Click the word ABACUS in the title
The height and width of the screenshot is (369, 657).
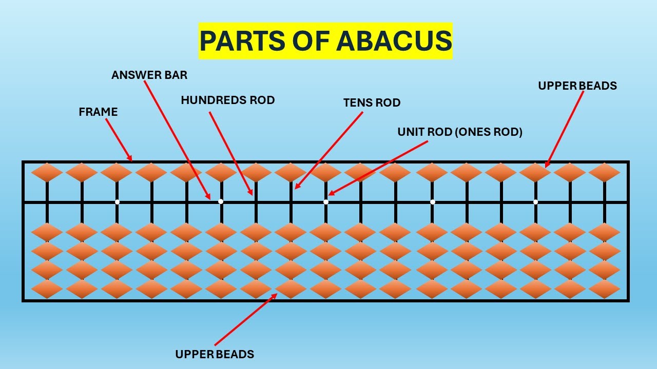(394, 41)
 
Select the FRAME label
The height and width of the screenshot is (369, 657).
(98, 112)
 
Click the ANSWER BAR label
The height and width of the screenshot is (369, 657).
(149, 75)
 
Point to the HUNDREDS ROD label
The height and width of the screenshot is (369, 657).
(227, 100)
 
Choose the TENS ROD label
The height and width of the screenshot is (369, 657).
(372, 103)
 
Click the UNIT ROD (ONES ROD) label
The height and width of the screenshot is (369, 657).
(460, 132)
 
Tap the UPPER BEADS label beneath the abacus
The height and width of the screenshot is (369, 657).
(215, 354)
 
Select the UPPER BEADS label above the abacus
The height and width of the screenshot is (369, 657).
(577, 86)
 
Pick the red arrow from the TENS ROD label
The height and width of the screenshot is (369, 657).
(328, 151)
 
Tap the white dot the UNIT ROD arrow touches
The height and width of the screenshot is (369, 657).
(326, 202)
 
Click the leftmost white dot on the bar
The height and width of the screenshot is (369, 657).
(117, 202)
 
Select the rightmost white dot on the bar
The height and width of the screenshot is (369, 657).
(535, 202)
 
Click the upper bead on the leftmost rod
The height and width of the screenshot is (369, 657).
(47, 173)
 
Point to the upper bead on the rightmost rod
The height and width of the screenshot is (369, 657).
(604, 173)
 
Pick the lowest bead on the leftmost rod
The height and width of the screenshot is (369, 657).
(47, 289)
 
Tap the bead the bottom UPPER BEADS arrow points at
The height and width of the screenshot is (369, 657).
(291, 289)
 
